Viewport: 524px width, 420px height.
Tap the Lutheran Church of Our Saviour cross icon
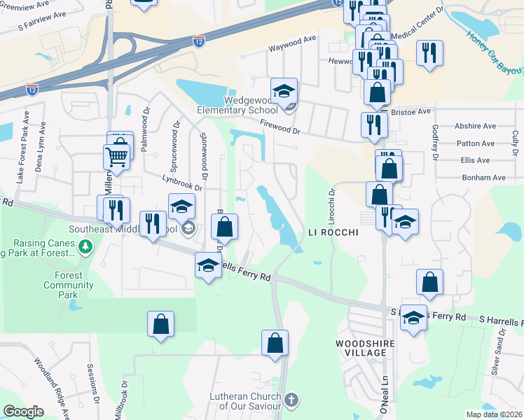[291, 401]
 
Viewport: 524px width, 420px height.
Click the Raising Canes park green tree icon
[86, 246]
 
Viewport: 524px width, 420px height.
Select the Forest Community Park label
[69, 280]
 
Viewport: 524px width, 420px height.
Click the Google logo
[23, 411]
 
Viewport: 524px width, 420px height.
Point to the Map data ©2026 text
[494, 414]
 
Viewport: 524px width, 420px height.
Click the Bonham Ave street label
[483, 178]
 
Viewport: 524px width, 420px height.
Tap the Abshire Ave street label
[475, 126]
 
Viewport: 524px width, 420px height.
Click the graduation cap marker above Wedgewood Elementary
[284, 90]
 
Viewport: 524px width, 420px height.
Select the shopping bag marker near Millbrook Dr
[160, 323]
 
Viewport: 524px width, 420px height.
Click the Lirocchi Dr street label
[333, 202]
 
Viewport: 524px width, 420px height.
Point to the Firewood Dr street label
[280, 127]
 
